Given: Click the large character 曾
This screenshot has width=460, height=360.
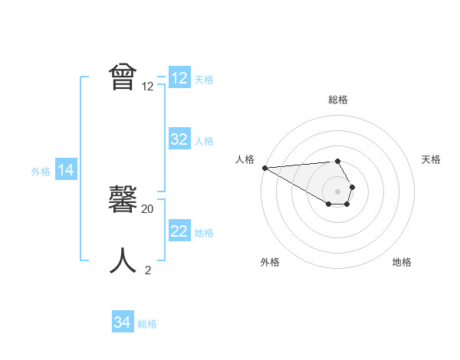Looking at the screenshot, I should tap(123, 78).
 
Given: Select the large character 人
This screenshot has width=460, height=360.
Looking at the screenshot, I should tap(123, 260).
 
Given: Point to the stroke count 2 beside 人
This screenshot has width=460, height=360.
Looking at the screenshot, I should tap(148, 270).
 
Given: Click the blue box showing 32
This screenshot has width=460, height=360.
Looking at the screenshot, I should tap(179, 139).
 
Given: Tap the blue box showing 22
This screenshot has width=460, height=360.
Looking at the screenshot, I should tap(179, 231).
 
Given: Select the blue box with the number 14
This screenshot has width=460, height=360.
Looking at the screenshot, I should tap(66, 171).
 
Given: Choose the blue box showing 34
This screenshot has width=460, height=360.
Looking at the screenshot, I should tap(123, 322).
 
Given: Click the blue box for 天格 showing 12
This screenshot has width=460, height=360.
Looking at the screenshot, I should tap(179, 78).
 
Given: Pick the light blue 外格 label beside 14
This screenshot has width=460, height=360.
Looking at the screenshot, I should tap(41, 172).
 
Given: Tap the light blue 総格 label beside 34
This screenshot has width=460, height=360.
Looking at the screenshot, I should tap(147, 324).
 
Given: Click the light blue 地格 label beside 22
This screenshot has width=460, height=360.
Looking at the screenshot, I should tap(204, 232).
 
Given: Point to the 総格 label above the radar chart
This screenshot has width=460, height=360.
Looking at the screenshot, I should tap(338, 100).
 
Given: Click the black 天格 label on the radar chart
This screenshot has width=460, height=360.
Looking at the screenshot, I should tap(431, 159).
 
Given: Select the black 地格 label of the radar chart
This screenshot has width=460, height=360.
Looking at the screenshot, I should tap(402, 262).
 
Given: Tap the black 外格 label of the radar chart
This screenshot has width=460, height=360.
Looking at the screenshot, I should tap(270, 262).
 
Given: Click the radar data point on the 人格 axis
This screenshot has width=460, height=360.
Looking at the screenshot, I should tap(264, 168).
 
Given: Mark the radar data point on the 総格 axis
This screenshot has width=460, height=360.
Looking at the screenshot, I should tap(338, 161).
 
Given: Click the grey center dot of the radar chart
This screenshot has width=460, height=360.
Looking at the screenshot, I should tap(338, 191).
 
